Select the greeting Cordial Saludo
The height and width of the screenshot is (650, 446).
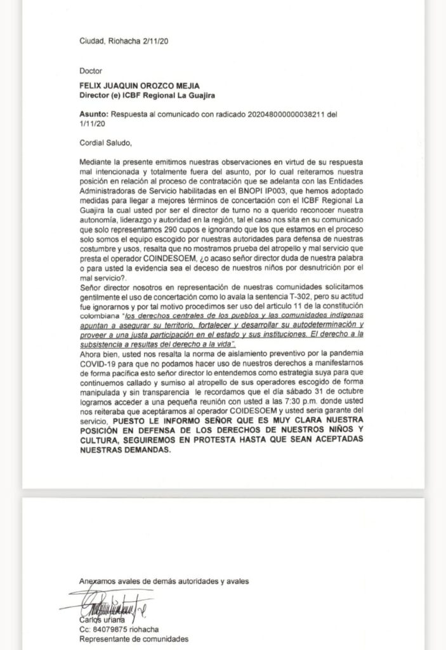(107, 142)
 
